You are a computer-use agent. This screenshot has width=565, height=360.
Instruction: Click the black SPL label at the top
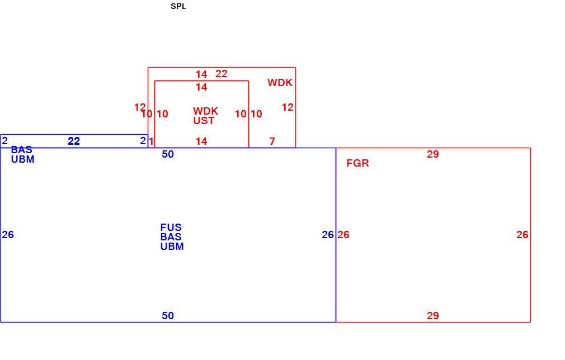click(x=178, y=6)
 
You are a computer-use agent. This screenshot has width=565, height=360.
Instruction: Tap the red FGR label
click(x=357, y=163)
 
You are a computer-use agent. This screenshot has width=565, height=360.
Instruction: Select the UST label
click(x=204, y=121)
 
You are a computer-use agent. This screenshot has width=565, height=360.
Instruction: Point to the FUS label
click(x=171, y=228)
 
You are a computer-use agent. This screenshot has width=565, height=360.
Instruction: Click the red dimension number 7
click(x=272, y=141)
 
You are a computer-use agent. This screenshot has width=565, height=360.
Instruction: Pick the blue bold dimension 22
click(x=74, y=141)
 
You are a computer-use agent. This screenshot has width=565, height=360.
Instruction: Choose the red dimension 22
click(x=221, y=74)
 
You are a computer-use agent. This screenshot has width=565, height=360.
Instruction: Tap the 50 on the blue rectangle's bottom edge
click(x=168, y=316)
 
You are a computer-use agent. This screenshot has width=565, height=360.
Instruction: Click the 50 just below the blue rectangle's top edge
click(x=168, y=154)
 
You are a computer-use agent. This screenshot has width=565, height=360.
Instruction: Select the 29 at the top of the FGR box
click(x=433, y=154)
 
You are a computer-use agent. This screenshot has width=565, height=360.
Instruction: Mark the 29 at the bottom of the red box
click(x=433, y=316)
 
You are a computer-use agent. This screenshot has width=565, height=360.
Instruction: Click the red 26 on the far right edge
click(x=522, y=235)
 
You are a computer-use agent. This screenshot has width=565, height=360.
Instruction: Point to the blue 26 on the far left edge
click(x=8, y=235)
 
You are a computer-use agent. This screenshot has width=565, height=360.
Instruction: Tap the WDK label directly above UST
click(x=205, y=111)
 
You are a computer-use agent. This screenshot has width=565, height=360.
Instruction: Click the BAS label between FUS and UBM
click(x=171, y=237)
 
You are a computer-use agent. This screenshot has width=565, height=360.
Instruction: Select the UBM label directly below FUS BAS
click(x=172, y=247)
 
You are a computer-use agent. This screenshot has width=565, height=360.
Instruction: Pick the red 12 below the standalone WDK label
click(x=288, y=107)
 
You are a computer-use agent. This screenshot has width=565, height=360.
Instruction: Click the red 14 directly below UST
click(x=201, y=141)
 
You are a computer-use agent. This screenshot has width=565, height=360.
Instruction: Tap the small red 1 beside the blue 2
click(x=152, y=141)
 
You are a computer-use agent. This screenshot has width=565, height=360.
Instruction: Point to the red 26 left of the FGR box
click(x=343, y=235)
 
